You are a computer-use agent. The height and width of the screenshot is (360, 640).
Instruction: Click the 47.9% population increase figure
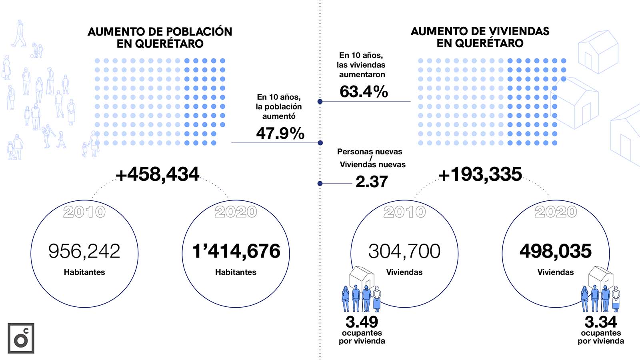pyautogui.click(x=280, y=133)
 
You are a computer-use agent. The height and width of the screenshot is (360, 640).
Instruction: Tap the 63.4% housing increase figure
pyautogui.click(x=364, y=92)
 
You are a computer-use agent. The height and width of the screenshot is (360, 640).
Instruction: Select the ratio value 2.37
pyautogui.click(x=372, y=182)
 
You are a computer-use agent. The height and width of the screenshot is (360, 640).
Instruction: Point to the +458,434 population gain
pyautogui.click(x=157, y=174)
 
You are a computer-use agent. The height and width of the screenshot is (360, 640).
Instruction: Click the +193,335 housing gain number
pyautogui.click(x=480, y=174)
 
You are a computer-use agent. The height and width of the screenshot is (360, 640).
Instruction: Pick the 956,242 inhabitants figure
pyautogui.click(x=84, y=251)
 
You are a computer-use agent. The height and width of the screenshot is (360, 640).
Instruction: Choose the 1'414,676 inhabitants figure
pyautogui.click(x=236, y=251)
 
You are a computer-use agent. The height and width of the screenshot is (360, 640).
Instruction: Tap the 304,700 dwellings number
pyautogui.click(x=404, y=251)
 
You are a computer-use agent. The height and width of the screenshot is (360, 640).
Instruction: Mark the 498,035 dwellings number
pyautogui.click(x=555, y=251)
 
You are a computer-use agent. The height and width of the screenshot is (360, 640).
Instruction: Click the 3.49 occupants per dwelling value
pyautogui.click(x=362, y=322)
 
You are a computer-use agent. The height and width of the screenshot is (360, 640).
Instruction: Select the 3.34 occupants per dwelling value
pyautogui.click(x=600, y=322)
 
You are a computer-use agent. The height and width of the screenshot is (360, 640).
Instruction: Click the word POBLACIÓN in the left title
pyautogui.click(x=199, y=32)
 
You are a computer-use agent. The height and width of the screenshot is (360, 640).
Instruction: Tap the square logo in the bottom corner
pyautogui.click(x=21, y=338)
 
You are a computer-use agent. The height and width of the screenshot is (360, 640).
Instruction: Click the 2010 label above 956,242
pyautogui.click(x=84, y=212)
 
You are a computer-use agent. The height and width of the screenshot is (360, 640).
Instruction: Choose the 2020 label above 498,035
pyautogui.click(x=556, y=212)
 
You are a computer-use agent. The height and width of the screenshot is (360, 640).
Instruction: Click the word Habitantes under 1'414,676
pyautogui.click(x=236, y=272)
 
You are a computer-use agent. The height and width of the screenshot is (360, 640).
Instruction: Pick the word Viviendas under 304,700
pyautogui.click(x=404, y=272)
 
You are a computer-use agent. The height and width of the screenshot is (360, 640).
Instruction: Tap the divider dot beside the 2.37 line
pyautogui.click(x=320, y=184)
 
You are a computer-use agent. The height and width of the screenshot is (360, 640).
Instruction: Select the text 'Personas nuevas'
pyautogui.click(x=370, y=152)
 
